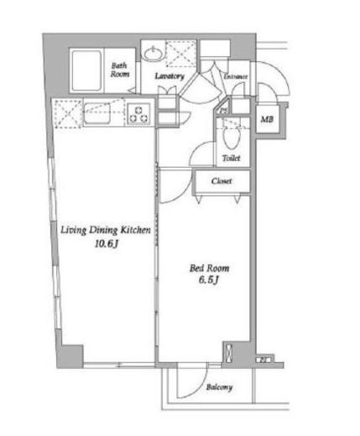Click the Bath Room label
[x=120, y=70]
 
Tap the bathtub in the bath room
[x=86, y=70]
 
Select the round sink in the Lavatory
[x=153, y=54]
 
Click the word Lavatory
[x=170, y=76]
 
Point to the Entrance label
[x=236, y=76]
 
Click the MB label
[x=267, y=120]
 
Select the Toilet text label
[x=232, y=158]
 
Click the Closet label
[x=222, y=181]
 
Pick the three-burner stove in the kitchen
[x=138, y=114]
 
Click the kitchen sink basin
[x=97, y=113]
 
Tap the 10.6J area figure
[x=107, y=244]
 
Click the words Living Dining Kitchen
[x=106, y=231]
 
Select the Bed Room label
[x=210, y=268]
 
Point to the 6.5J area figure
[x=209, y=280]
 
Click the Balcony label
[x=219, y=387]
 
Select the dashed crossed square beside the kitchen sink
[x=68, y=113]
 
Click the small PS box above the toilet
[x=223, y=111]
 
